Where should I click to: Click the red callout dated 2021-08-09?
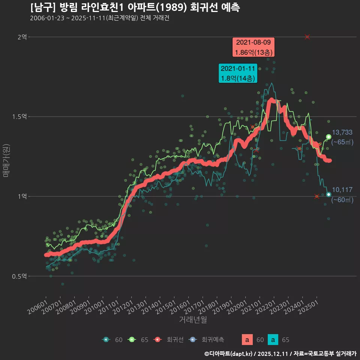(x=253, y=47)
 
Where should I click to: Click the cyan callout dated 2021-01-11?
(x=238, y=73)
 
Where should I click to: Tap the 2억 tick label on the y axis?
(x=22, y=37)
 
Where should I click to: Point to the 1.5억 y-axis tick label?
(x=19, y=117)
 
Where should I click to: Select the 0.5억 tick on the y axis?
(x=19, y=276)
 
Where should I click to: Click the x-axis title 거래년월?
(x=193, y=319)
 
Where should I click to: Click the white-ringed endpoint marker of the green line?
(x=328, y=137)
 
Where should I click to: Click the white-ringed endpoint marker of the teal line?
(x=328, y=194)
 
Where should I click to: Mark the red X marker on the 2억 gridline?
(x=307, y=37)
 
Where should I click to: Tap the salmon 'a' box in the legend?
(x=247, y=340)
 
